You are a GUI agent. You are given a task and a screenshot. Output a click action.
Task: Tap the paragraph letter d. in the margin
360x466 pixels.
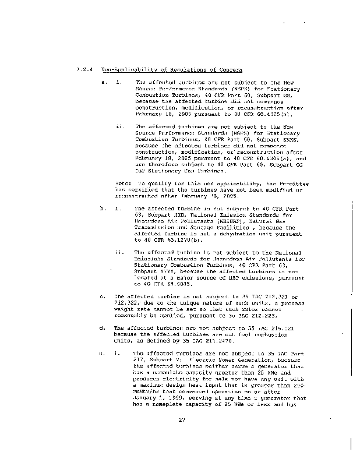[x=103, y=329]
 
